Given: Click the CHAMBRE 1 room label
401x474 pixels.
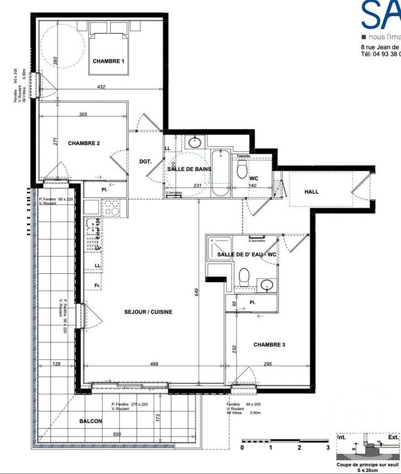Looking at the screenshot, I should click(x=109, y=61).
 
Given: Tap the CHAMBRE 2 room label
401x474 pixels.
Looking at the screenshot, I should click(x=84, y=143).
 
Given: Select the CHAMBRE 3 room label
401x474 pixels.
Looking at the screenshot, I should click(x=270, y=344).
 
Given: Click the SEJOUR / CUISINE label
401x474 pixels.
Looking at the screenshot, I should click(x=148, y=312).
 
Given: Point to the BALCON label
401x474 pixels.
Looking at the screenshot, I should click(x=91, y=421).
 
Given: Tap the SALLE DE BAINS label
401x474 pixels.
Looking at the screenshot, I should click(x=189, y=169).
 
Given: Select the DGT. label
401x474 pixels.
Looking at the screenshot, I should click(x=146, y=161).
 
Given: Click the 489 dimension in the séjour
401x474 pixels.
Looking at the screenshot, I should click(x=154, y=364).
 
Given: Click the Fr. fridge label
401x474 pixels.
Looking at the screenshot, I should click(x=97, y=286).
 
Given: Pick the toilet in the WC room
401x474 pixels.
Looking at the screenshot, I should click(x=243, y=167).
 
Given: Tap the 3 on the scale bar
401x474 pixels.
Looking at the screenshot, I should click(x=328, y=448).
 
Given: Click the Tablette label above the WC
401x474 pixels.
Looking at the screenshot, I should click(x=243, y=156).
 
